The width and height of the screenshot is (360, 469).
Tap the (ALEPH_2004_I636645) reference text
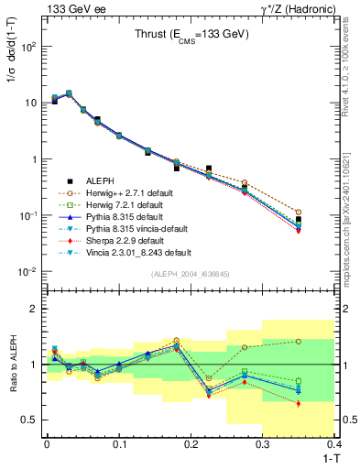click(190, 275)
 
